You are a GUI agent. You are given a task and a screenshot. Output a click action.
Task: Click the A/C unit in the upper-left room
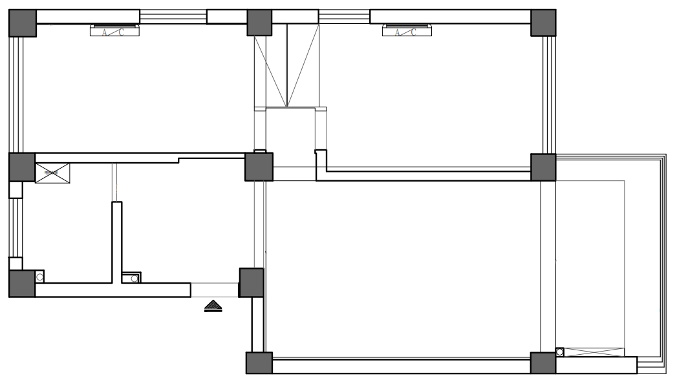[x=115, y=31]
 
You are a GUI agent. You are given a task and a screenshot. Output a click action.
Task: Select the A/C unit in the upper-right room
[x=407, y=31]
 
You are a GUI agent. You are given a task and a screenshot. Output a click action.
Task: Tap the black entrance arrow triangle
[x=213, y=306]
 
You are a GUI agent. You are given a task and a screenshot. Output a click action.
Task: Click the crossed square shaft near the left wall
[x=52, y=173]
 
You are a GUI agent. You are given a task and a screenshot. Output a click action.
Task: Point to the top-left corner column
[x=22, y=23]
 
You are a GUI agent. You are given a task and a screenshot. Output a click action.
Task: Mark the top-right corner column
[x=543, y=23]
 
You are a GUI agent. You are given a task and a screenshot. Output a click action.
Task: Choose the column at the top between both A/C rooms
[x=259, y=23]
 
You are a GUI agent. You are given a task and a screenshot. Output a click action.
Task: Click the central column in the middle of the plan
[x=259, y=167]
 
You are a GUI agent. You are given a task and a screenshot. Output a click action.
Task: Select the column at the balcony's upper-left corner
[x=543, y=167]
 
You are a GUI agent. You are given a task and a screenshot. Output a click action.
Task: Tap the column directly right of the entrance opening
[x=252, y=282]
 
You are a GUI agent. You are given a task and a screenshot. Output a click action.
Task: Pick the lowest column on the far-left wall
[x=22, y=284]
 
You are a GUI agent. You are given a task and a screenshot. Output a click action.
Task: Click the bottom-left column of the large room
[x=259, y=363]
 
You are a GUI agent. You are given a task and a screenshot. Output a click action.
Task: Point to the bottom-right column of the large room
[x=543, y=363]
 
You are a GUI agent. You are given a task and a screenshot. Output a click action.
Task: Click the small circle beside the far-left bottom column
[x=39, y=277]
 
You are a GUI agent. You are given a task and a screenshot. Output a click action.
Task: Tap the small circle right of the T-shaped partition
[x=134, y=279]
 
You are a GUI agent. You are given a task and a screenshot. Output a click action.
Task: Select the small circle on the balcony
[x=560, y=352]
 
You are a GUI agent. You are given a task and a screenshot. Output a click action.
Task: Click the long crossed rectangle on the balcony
[x=595, y=352]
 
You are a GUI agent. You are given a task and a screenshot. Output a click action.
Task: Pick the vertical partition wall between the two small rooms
[x=117, y=242]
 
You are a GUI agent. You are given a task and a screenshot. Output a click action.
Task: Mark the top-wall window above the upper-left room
[x=173, y=17]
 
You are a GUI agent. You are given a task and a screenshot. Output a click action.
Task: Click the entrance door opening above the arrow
[x=215, y=290]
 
